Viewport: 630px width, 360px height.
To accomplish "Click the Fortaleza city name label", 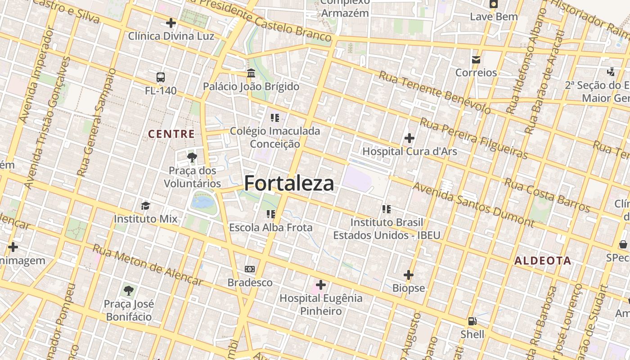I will [289, 184].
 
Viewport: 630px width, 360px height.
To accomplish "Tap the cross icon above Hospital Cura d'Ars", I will [409, 138].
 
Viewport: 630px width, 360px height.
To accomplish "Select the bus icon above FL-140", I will [161, 77].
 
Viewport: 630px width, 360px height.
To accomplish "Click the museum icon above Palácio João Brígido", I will [251, 73].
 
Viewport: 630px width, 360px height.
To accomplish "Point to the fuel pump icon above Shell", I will [472, 321].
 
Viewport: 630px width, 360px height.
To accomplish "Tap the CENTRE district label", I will [171, 134].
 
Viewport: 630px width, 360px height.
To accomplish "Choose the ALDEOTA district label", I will [543, 261].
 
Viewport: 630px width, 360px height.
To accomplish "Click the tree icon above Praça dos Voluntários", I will [192, 157].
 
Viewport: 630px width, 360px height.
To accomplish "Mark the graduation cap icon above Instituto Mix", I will [145, 206].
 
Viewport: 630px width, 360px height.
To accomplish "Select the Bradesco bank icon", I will [250, 269].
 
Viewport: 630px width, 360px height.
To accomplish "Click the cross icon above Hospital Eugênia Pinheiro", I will [321, 285].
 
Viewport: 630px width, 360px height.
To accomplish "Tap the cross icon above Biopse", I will [409, 274].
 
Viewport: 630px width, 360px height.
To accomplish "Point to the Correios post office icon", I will [476, 60].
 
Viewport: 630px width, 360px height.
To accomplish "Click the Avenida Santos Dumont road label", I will [473, 204].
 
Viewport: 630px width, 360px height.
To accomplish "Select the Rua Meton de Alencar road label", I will [148, 265].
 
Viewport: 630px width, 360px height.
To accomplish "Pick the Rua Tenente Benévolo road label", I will [435, 92].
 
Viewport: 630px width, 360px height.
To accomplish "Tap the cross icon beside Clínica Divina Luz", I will [171, 22].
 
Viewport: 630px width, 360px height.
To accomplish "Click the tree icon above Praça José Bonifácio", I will [129, 290].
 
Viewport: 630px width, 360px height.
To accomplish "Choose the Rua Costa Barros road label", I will [547, 195].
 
